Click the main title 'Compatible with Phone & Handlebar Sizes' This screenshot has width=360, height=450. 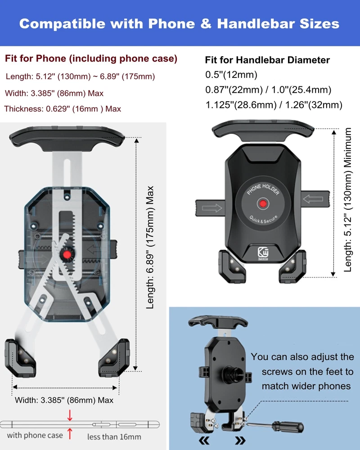pyautogui.click(x=179, y=23)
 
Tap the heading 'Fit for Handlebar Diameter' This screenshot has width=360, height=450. pyautogui.click(x=267, y=60)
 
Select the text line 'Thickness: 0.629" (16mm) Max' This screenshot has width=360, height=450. pyautogui.click(x=63, y=109)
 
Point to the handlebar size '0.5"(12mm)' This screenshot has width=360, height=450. pyautogui.click(x=231, y=75)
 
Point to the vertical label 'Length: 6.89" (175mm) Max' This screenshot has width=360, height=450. pyautogui.click(x=150, y=247)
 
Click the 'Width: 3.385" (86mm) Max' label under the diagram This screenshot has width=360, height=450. pyautogui.click(x=64, y=400)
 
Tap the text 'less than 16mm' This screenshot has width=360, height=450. pyautogui.click(x=114, y=436)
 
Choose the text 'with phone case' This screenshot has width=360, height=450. pyautogui.click(x=35, y=435)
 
